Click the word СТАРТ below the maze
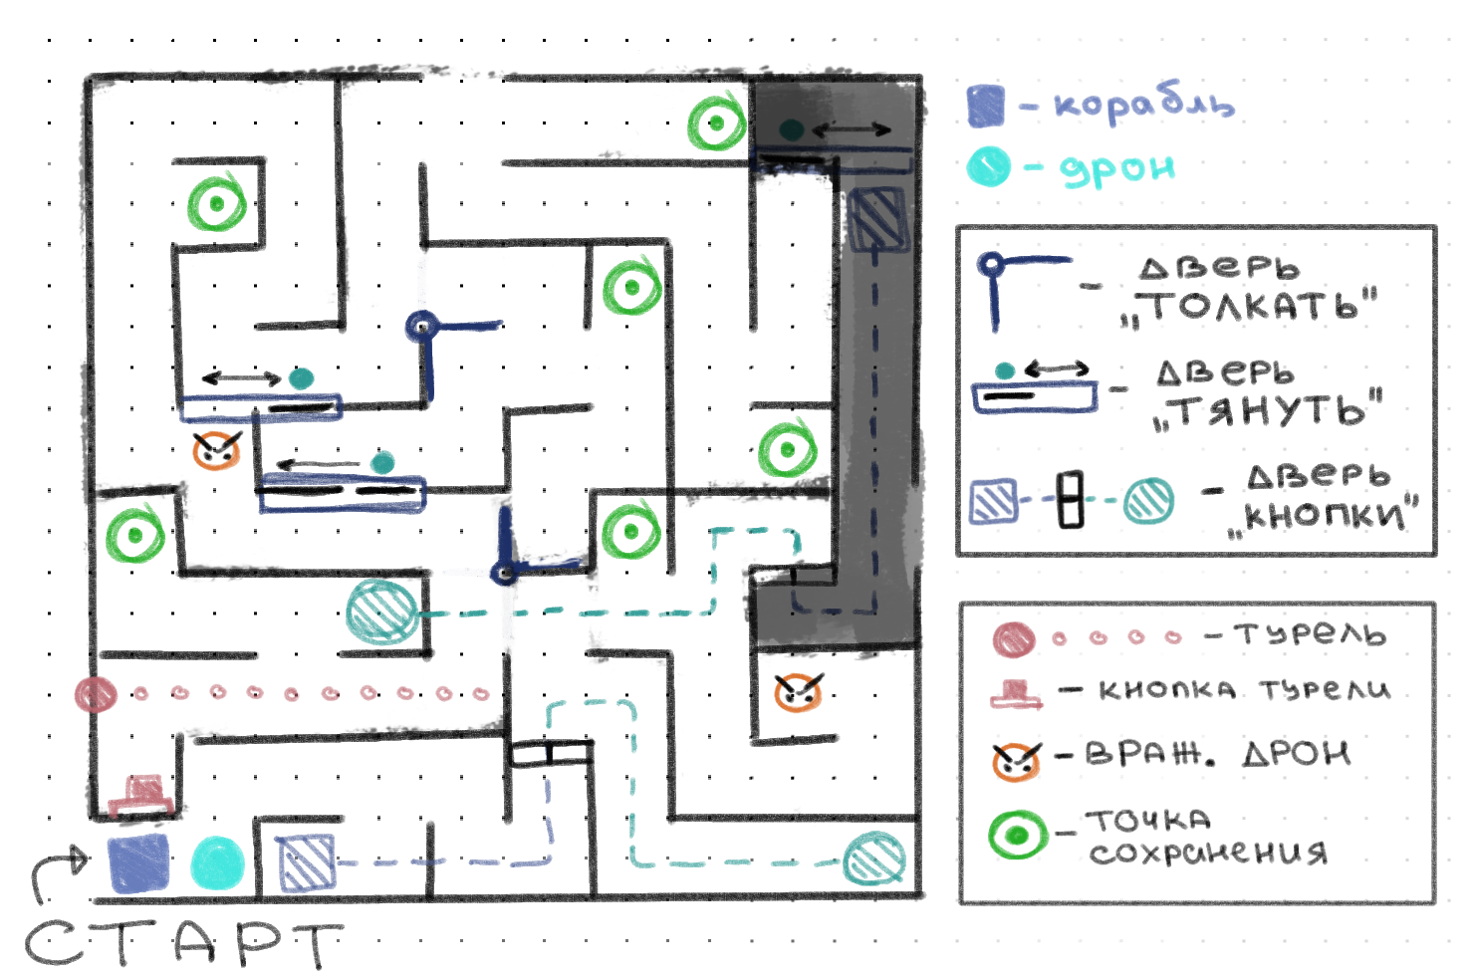click(x=184, y=943)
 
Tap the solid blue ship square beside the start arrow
click(x=138, y=862)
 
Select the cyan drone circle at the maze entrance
click(x=217, y=862)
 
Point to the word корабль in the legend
click(x=1143, y=104)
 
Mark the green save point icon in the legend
click(x=1017, y=835)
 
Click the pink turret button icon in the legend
click(x=1016, y=694)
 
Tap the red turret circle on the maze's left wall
click(x=97, y=693)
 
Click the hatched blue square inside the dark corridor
click(x=876, y=219)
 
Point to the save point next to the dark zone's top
click(x=716, y=123)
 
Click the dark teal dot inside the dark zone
click(x=791, y=130)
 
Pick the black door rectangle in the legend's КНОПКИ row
click(x=1071, y=500)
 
